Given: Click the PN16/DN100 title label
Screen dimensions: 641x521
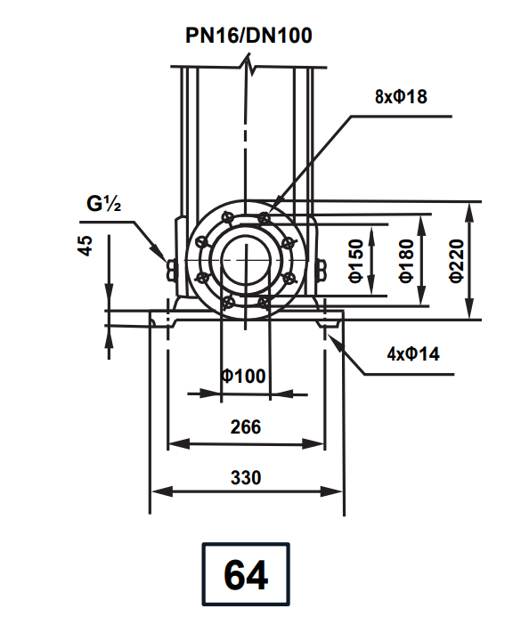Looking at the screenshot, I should (248, 36).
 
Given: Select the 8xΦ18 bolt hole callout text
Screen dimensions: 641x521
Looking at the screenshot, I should (401, 97).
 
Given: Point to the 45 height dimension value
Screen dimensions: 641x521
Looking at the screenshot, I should (86, 246).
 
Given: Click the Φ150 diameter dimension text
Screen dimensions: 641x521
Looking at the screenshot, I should (355, 261).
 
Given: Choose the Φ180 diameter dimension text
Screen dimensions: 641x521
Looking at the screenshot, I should (406, 261).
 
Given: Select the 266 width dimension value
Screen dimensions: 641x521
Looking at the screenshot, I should (245, 426).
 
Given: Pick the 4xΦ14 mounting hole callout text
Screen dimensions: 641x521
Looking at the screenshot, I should (413, 353).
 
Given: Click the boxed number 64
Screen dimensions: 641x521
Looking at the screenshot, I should (246, 575).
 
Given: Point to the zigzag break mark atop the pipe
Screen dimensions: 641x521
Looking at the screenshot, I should (251, 65).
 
